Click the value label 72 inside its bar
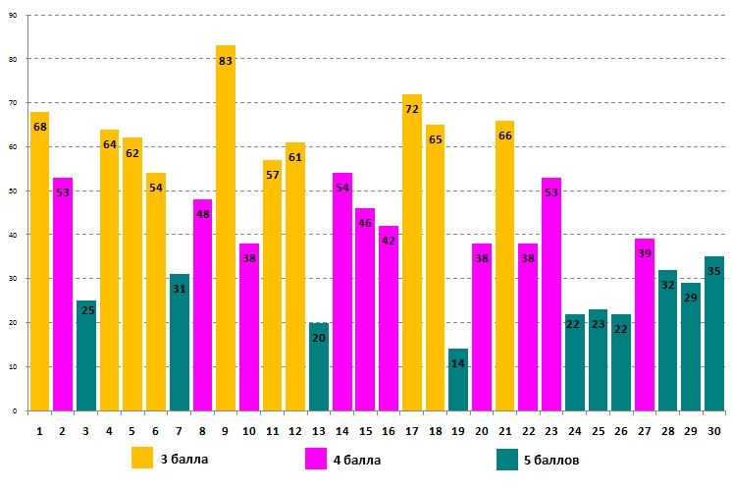point(412,109)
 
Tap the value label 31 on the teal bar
point(180,289)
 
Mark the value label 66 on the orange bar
point(505,136)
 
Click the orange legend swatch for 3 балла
point(142,459)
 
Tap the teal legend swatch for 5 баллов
point(506,459)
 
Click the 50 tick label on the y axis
point(12,191)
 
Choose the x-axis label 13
point(319,430)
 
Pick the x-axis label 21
point(505,430)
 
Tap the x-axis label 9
point(226,430)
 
